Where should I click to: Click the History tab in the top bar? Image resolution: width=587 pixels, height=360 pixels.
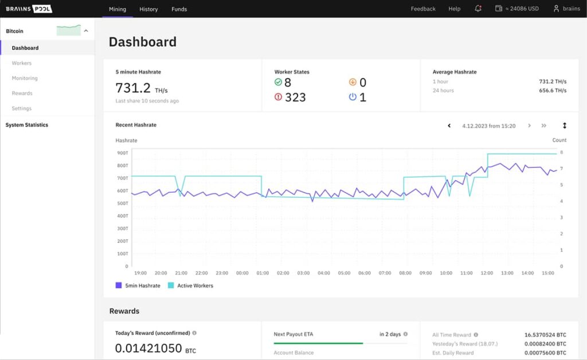pos(148,9)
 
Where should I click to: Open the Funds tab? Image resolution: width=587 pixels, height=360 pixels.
pos(179,9)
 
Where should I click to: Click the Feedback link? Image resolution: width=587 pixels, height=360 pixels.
pos(423,9)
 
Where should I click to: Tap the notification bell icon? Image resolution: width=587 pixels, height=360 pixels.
pos(478,9)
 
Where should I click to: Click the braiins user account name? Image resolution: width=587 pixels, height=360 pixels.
pos(571,9)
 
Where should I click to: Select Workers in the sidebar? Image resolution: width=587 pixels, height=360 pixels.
pos(22,63)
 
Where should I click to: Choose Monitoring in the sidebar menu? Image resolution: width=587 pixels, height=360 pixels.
pos(25,78)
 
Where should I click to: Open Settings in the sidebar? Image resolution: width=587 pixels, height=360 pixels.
pos(22,108)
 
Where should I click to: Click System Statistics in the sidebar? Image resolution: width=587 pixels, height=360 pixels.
pos(27,125)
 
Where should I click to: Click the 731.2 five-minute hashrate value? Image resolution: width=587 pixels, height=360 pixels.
pos(133,88)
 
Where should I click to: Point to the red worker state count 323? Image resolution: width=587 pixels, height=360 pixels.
pos(295,97)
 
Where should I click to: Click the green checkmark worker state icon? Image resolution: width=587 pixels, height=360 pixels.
pos(278,83)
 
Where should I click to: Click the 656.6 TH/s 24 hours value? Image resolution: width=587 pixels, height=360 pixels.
pos(553,91)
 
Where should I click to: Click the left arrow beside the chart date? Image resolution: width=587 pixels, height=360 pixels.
pos(449,126)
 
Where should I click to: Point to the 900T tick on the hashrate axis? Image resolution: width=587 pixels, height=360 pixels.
pos(122,153)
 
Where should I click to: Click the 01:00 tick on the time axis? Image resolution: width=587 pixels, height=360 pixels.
pos(263,273)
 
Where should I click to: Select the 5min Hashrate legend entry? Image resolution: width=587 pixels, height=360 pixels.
pos(138,285)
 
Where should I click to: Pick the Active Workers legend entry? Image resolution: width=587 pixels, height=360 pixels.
pos(190,285)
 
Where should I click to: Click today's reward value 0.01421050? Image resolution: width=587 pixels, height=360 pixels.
pos(148,349)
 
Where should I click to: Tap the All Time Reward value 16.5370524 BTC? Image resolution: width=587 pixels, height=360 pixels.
pos(545,335)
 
